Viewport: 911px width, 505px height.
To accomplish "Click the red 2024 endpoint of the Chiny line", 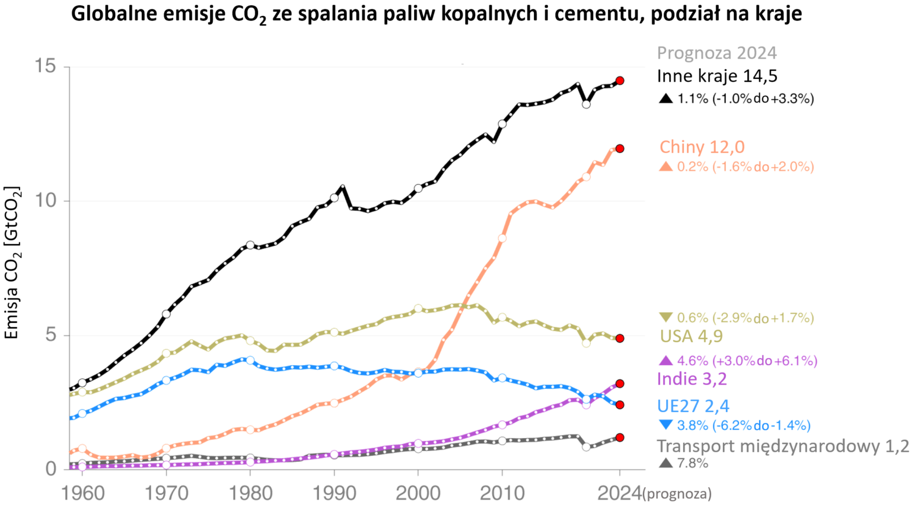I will (620, 148).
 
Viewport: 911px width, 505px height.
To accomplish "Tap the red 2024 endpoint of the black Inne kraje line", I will (620, 81).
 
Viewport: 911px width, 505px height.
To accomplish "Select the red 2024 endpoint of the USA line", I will (620, 338).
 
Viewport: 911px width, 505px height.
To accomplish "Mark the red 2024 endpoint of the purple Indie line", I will (620, 383).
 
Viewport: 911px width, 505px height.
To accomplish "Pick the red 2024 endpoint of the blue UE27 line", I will (620, 405).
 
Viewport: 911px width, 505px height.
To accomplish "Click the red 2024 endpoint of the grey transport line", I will (620, 437).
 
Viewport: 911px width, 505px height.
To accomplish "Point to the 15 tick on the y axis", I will (44, 66).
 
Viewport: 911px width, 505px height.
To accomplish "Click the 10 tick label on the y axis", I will (44, 201).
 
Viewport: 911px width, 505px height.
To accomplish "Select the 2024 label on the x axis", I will (619, 492).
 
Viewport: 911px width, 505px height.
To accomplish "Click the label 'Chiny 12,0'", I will (702, 147).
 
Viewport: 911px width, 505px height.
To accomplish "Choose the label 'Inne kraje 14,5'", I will (716, 76).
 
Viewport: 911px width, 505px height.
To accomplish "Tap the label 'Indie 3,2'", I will (692, 379).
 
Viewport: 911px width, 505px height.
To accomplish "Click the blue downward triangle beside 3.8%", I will (666, 425).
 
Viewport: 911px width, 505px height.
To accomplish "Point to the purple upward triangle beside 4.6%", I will (666, 360).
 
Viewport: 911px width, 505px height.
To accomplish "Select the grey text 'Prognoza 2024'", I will (716, 53).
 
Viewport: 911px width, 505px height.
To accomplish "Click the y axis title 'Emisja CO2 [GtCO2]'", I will (12, 263).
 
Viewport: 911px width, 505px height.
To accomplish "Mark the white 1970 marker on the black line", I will (166, 314).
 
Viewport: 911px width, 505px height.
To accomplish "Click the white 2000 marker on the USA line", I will (418, 308).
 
